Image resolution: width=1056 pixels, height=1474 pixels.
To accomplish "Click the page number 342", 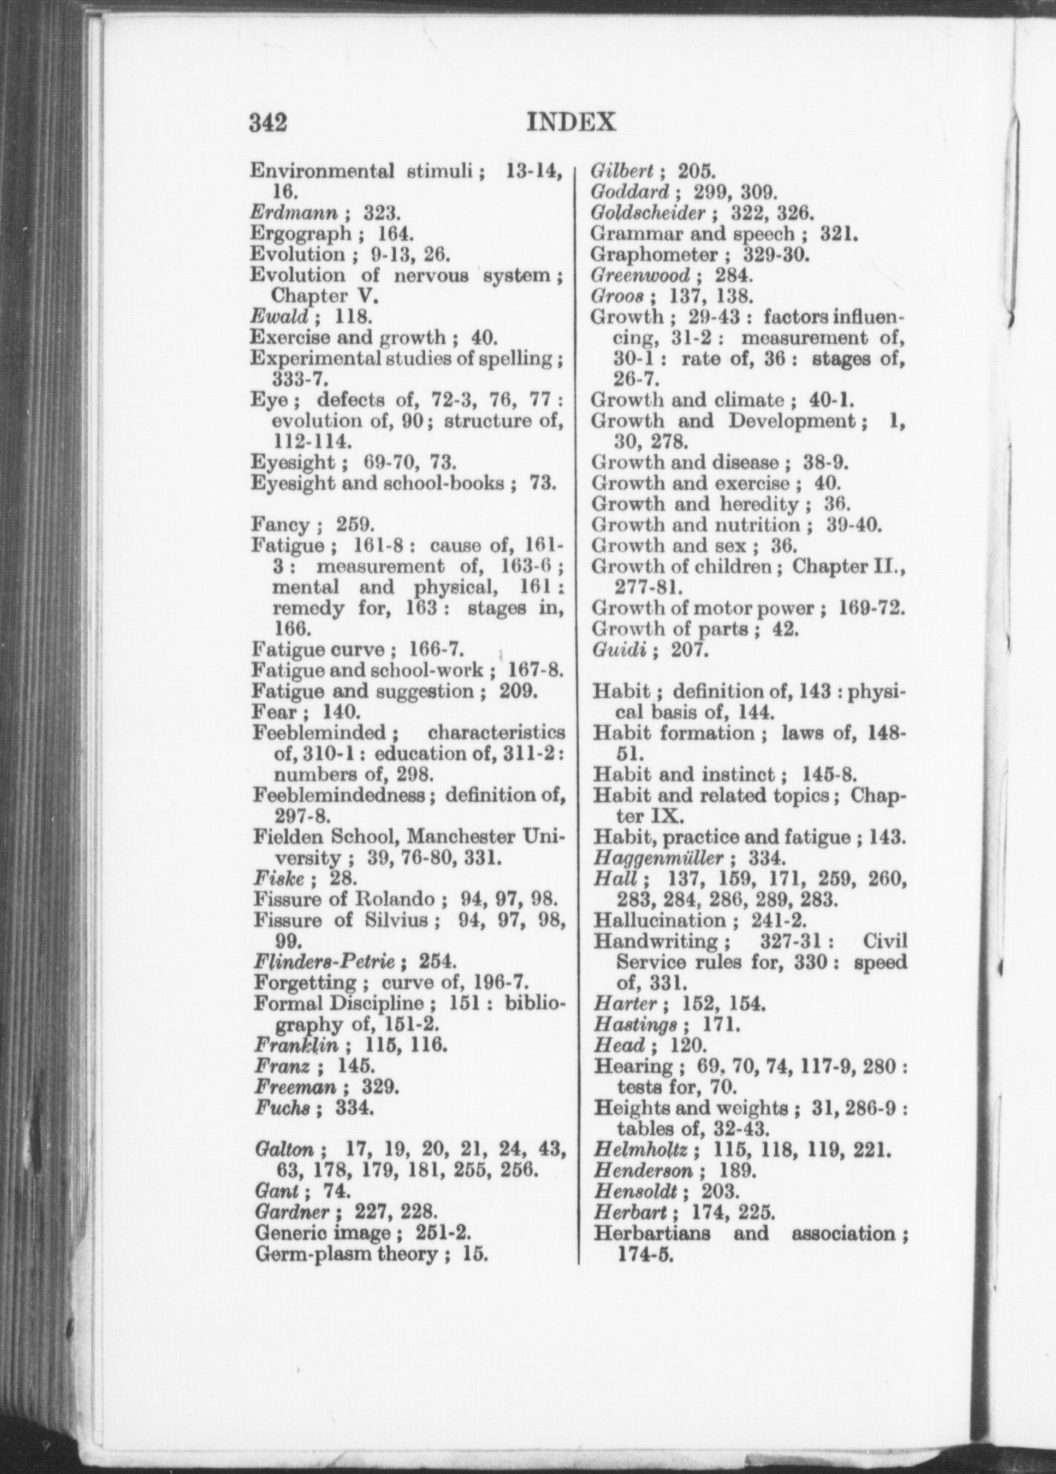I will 268,122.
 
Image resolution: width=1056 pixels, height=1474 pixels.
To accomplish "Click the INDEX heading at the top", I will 572,121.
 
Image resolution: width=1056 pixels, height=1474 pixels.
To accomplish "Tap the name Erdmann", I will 294,213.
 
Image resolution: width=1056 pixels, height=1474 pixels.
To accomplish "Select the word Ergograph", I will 299,234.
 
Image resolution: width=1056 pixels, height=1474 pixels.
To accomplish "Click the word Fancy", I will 279,525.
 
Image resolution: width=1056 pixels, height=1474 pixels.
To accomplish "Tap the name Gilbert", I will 622,171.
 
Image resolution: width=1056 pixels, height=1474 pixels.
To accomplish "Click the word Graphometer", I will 653,254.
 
